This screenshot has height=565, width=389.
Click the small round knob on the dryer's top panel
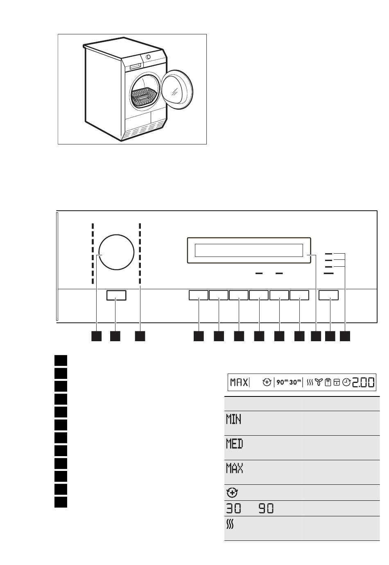point(147,57)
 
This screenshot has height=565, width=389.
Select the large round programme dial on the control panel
point(116,252)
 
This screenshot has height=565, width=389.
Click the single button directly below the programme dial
point(116,295)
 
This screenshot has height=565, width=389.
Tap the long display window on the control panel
point(249,250)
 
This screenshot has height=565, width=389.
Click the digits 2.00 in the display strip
point(363,382)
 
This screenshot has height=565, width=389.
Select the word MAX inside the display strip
point(238,383)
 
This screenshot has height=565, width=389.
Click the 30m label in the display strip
point(295,383)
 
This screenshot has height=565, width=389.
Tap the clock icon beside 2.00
point(346,383)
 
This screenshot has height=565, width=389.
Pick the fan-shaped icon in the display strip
point(319,383)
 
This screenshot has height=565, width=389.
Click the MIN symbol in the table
point(233,419)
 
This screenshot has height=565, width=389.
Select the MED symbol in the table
point(234,443)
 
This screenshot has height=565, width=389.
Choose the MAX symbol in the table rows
point(234,468)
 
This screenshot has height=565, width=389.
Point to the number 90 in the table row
point(266,509)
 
